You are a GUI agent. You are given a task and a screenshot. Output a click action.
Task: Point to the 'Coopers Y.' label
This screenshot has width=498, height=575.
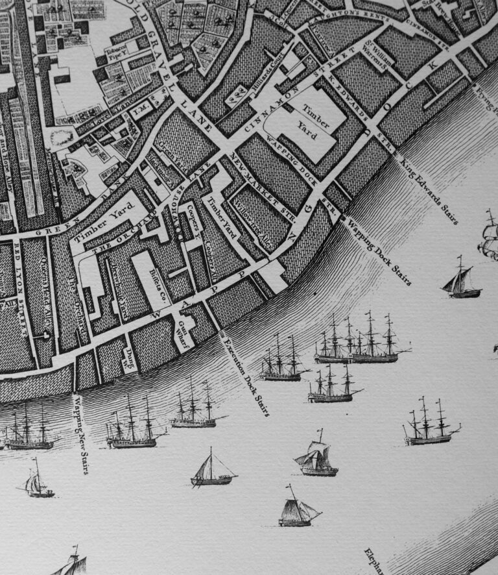[193, 224]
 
